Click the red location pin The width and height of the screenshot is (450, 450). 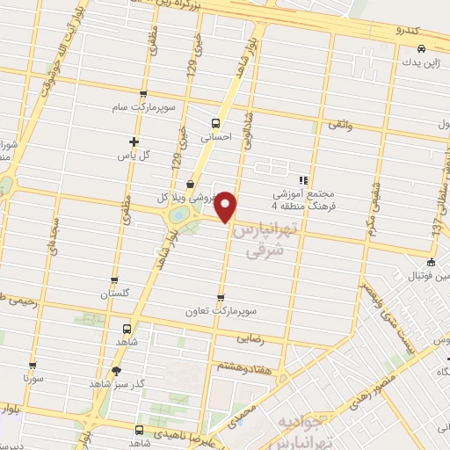point(227,207)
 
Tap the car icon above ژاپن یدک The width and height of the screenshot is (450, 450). point(421,49)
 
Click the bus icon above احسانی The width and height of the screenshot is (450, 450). point(216,123)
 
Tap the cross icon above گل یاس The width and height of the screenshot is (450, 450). point(134,142)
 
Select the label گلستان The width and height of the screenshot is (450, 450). point(115,294)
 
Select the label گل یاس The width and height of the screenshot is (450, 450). point(134,155)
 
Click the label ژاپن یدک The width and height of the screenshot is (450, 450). point(417,64)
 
